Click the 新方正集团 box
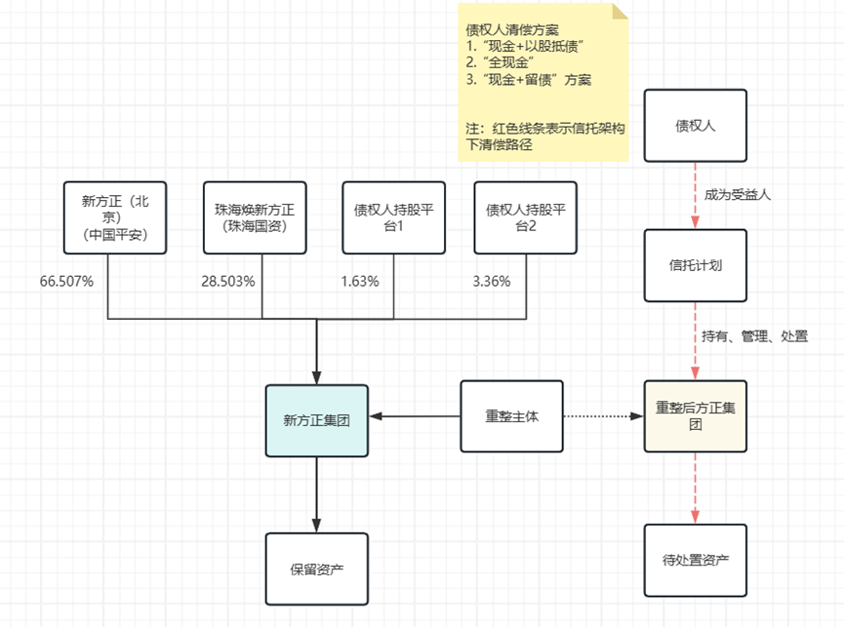point(317,421)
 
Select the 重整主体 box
point(511,416)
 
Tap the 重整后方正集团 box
point(695,416)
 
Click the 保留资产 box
point(317,568)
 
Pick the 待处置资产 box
point(695,560)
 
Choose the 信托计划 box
point(695,265)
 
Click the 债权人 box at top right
point(695,126)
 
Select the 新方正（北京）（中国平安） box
point(114,217)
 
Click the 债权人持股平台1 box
point(393,217)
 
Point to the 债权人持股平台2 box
point(525,217)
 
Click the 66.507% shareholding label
point(66,282)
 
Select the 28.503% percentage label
point(227,282)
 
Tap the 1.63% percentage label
point(360,282)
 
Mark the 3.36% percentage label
point(491,282)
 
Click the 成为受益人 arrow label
point(737,195)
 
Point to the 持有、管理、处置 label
point(754,336)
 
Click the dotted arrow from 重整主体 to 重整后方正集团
point(603,416)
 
